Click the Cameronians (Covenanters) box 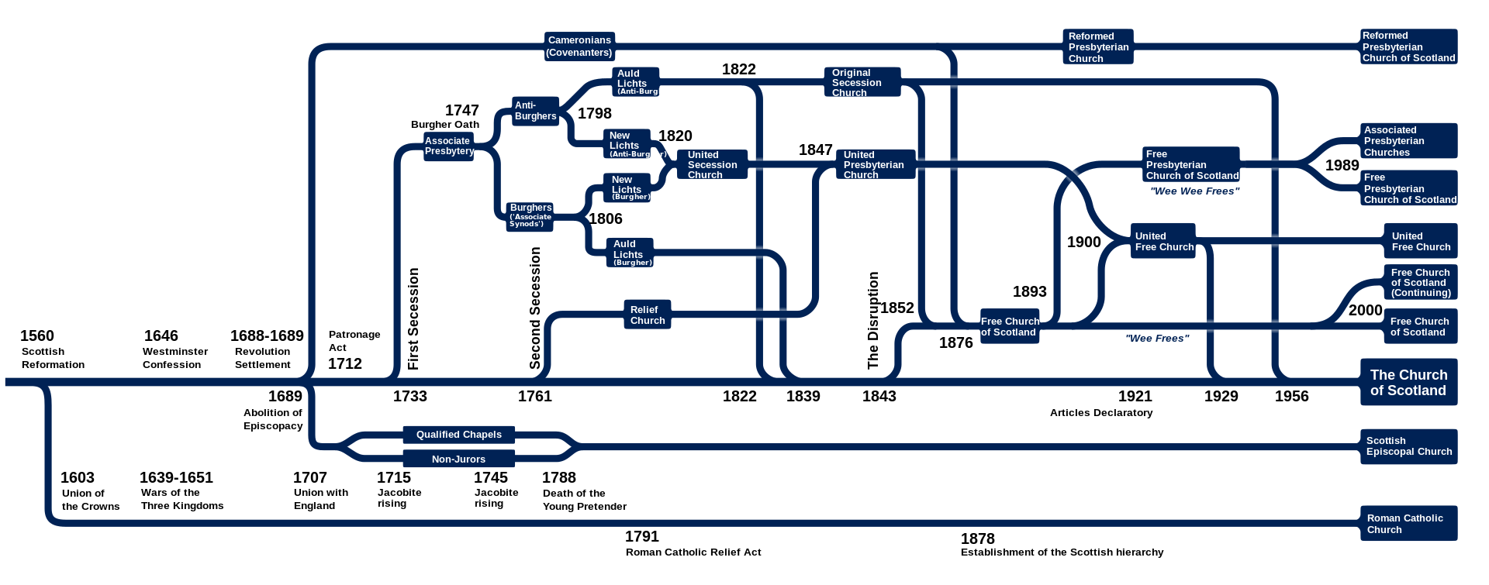coord(579,46)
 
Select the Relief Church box coord(648,315)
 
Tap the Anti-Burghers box coord(536,111)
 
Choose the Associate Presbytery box coord(449,146)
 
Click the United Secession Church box coord(712,164)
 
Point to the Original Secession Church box coord(862,82)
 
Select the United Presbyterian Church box coord(876,164)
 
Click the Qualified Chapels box coord(459,435)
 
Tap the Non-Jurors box coord(459,459)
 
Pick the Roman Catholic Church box coord(1409,523)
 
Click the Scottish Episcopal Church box coord(1409,446)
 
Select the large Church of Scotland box coord(1409,382)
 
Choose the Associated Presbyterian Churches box coord(1409,141)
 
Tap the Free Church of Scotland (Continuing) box coord(1421,282)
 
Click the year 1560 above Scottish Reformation coord(37,336)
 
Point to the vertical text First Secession coord(413,318)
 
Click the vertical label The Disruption coord(873,320)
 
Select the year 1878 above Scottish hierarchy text coord(977,539)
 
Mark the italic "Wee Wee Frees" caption coord(1194,191)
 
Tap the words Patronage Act coord(354,341)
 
